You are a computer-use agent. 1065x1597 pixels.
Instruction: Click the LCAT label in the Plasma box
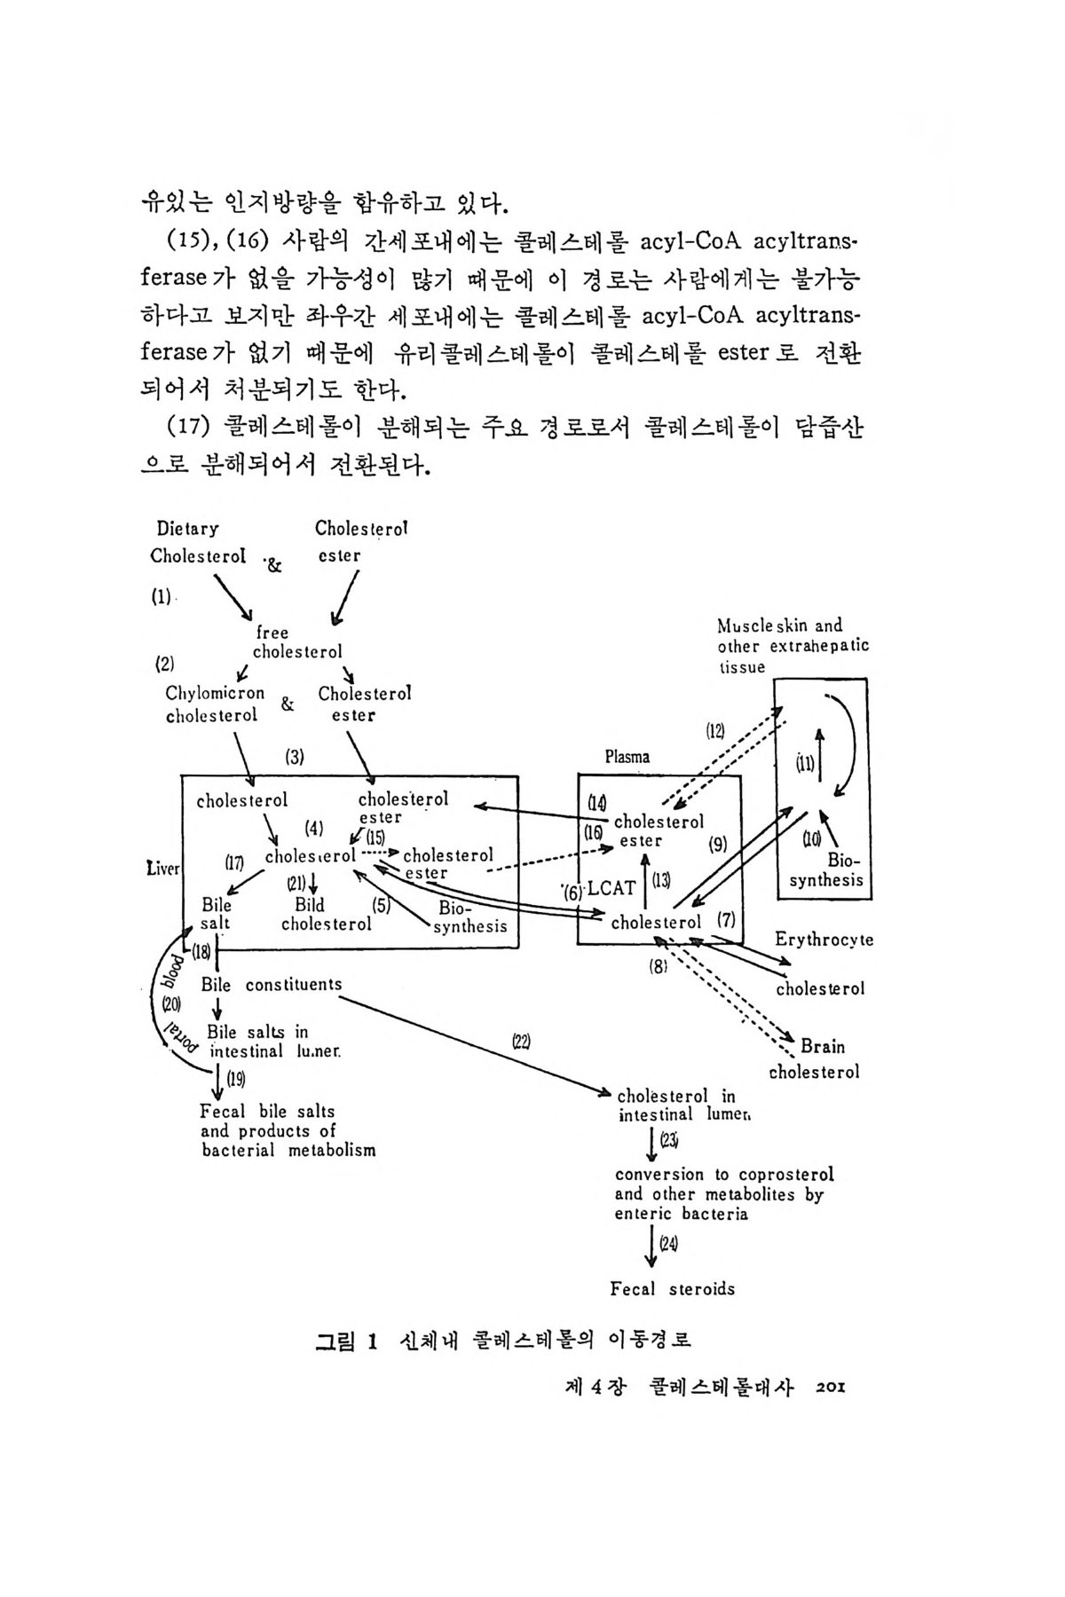[x=611, y=888]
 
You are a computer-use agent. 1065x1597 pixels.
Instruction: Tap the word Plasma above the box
[x=627, y=757]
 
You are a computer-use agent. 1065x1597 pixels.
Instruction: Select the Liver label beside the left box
[x=164, y=868]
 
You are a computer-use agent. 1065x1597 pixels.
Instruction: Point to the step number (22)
[x=521, y=1040]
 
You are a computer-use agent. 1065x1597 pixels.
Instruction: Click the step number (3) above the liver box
[x=295, y=757]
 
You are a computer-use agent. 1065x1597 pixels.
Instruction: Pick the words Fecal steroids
[x=672, y=1288]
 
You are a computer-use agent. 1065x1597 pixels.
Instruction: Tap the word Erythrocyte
[x=824, y=940]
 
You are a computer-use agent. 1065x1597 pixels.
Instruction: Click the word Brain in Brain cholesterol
[x=823, y=1046]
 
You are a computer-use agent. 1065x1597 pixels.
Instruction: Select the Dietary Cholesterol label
[x=197, y=542]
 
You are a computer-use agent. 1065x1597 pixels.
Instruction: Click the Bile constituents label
[x=271, y=984]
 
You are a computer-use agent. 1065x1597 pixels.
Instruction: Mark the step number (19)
[x=235, y=1079]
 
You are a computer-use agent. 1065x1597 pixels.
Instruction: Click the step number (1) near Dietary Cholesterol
[x=161, y=597]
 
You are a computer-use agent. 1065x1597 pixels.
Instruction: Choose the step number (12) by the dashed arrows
[x=715, y=731]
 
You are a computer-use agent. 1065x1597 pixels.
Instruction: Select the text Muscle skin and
[x=780, y=625]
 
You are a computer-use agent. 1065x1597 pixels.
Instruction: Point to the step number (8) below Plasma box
[x=658, y=967]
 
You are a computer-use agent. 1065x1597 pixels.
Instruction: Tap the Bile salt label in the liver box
[x=216, y=914]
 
